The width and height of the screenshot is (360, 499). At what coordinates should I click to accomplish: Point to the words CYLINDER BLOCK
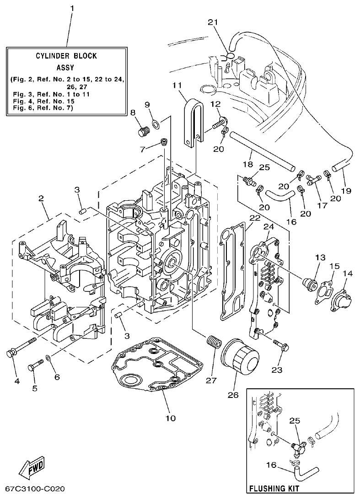pyautogui.click(x=66, y=56)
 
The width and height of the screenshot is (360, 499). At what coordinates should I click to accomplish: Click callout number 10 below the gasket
pyautogui.click(x=170, y=418)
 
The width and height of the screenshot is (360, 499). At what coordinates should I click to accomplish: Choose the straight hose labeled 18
pyautogui.click(x=260, y=149)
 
